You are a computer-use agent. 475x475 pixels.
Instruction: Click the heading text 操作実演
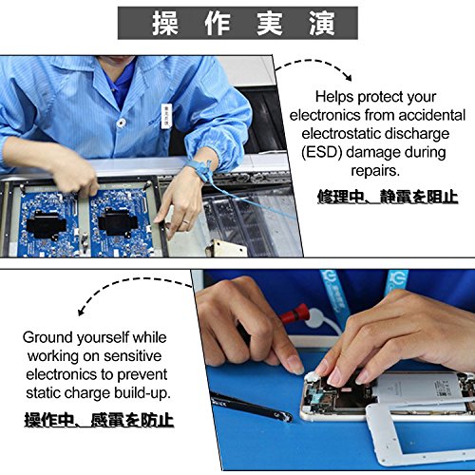coord(243,24)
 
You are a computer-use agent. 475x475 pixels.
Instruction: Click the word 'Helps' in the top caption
coord(334,97)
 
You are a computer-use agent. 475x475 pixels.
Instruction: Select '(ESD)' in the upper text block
coord(322,152)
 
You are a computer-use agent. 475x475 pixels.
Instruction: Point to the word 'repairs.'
coord(375,171)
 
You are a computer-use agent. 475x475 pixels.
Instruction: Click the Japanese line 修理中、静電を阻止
coord(388,197)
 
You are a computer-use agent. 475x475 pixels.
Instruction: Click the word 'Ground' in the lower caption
coord(47,337)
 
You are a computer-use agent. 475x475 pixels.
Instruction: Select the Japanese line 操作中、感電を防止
coord(99,420)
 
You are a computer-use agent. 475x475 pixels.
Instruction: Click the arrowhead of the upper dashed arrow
coord(349,77)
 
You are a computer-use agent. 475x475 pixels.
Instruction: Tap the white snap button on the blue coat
coord(120,123)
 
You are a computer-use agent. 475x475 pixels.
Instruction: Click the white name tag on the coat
coord(166,116)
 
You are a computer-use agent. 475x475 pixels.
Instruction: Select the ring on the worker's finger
coord(185,221)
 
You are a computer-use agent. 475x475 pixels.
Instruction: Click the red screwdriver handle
coord(294,313)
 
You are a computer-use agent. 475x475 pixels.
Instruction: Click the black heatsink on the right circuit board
coord(118,223)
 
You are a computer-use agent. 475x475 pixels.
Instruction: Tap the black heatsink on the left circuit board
coord(46,224)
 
